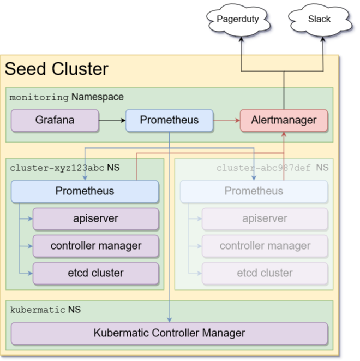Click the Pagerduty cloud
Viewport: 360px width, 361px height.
pos(237,20)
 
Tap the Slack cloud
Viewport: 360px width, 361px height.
pos(319,20)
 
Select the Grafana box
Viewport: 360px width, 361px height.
pos(55,120)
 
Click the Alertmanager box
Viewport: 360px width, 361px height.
pos(284,120)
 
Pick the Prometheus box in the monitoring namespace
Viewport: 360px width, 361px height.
pos(169,120)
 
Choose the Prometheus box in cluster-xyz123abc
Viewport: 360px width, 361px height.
pos(85,191)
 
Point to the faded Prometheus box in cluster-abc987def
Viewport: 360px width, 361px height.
pos(254,191)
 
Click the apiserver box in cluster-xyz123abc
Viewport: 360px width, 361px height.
pos(95,218)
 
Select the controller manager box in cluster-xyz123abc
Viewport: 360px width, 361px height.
pos(95,246)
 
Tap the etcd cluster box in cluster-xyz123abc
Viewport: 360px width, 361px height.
pos(95,273)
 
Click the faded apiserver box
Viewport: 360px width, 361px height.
pos(265,218)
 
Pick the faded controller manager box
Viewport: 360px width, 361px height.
pos(265,246)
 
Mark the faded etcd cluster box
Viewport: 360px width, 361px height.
pos(265,273)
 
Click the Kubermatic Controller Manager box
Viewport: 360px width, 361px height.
pos(169,333)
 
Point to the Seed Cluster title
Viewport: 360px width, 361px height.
pos(57,69)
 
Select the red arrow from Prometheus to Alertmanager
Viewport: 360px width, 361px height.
pos(226,120)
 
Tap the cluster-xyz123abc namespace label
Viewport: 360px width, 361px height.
pos(64,168)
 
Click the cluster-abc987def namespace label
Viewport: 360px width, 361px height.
pos(272,168)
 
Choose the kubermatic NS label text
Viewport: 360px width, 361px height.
pos(45,310)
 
